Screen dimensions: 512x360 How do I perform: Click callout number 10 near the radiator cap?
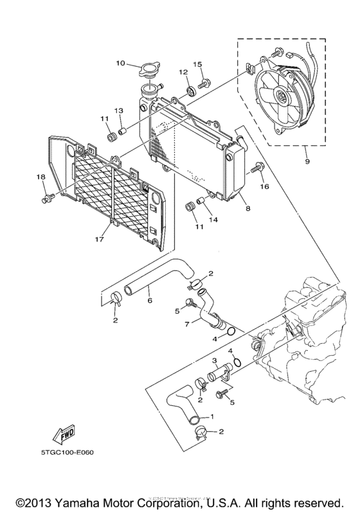120,64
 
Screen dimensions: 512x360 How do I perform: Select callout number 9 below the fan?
307,161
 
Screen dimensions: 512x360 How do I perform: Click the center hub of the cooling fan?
281,97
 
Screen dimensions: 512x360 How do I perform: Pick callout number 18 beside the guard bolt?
40,177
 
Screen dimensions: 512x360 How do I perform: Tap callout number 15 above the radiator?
199,64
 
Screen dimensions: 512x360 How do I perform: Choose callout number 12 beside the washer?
183,72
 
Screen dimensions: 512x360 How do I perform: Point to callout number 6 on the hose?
149,299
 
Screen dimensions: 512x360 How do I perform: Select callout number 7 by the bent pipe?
187,324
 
